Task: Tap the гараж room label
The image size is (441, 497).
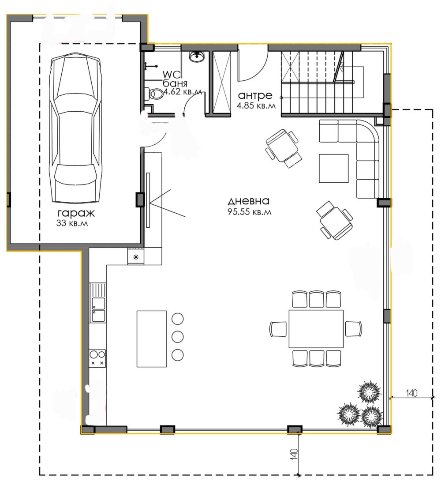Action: click(76, 213)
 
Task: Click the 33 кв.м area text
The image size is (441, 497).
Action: click(72, 223)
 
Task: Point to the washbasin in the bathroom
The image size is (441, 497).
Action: click(197, 56)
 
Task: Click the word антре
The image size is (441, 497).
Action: click(255, 95)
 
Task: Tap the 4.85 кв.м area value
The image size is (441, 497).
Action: click(256, 105)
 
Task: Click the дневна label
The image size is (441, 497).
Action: click(249, 201)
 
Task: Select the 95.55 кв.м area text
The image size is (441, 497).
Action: click(250, 211)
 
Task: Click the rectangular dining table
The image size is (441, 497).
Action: click(316, 329)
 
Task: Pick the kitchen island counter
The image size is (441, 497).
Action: click(152, 339)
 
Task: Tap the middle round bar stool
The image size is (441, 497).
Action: click(178, 336)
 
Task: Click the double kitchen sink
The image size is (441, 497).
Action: click(98, 309)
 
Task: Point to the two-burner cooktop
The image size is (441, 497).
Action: click(97, 358)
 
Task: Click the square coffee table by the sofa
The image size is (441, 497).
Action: click(334, 168)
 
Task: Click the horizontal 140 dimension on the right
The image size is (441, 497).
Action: click(411, 393)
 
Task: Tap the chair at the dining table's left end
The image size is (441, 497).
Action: click(278, 329)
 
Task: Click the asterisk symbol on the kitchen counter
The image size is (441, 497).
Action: click(136, 257)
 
